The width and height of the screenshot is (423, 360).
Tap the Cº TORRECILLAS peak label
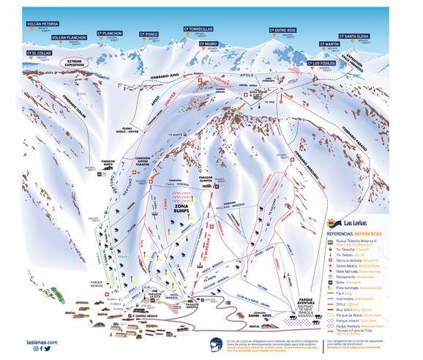click(198, 29)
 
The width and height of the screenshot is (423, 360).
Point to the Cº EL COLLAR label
click(39, 53)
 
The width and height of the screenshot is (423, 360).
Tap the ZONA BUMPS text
click(183, 209)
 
